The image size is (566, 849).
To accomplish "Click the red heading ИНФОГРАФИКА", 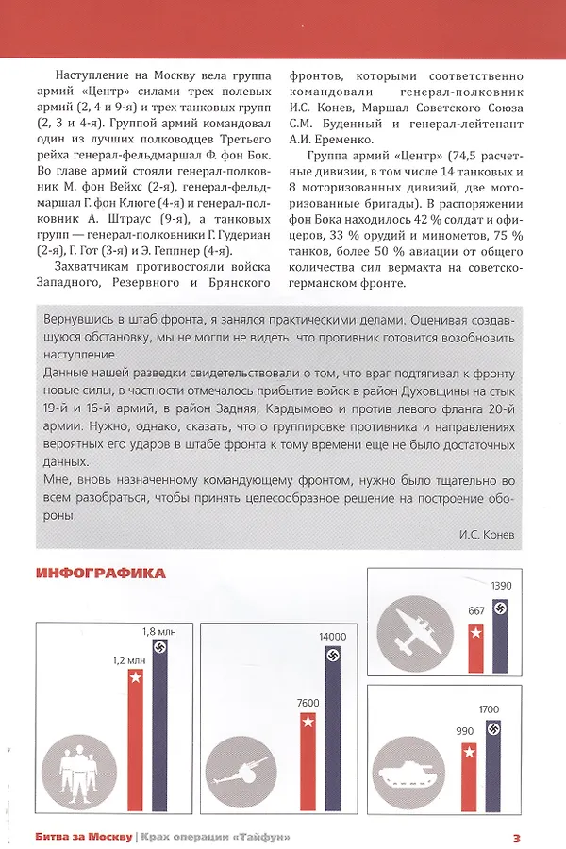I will point(101,573).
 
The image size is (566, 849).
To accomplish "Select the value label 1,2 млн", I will point(132,661).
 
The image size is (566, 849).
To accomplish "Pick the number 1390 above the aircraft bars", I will point(502,586).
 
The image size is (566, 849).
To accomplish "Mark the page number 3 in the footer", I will point(517,837).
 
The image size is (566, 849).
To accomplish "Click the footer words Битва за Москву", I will point(82,837).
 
